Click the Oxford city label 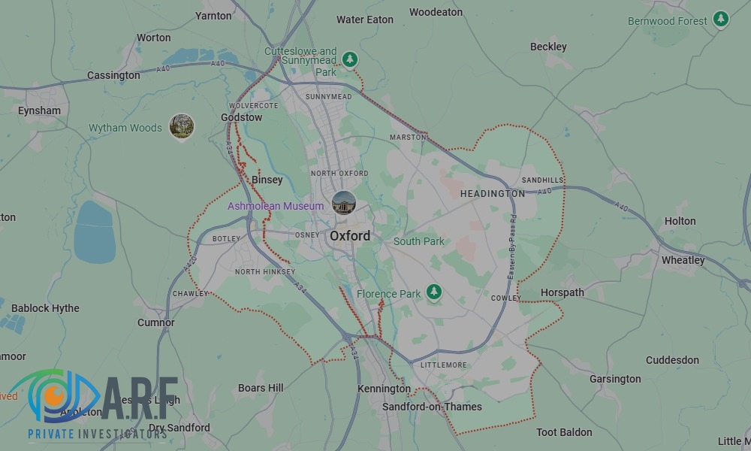[x=350, y=236]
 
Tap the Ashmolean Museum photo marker [x=344, y=203]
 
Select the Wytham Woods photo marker [x=182, y=126]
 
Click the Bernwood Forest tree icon [x=721, y=19]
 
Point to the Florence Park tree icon [x=434, y=292]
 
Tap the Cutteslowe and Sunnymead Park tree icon [x=349, y=59]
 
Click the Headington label [x=493, y=193]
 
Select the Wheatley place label [x=683, y=260]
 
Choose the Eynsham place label [x=39, y=110]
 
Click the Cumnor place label [x=156, y=322]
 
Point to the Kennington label [x=384, y=389]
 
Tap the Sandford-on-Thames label [x=432, y=407]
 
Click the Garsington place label [x=615, y=379]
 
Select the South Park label [x=419, y=241]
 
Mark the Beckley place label [x=548, y=47]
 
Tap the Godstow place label [x=242, y=117]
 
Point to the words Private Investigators [x=98, y=434]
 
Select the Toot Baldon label [x=564, y=432]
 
